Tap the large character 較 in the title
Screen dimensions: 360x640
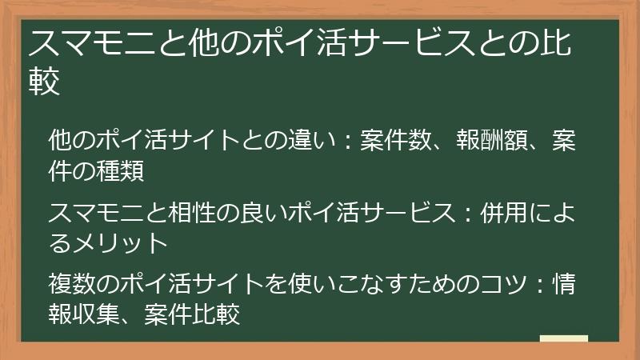45,82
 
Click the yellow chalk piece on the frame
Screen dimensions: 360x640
563,340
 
